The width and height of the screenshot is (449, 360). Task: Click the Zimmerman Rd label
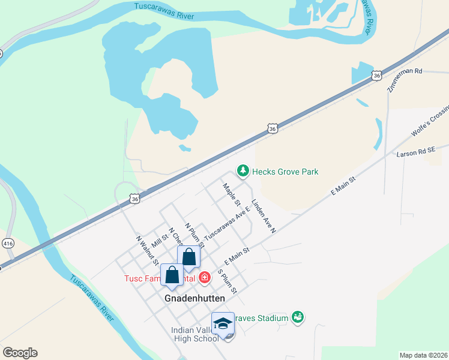pyautogui.click(x=405, y=79)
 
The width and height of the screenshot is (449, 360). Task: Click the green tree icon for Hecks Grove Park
pyautogui.click(x=243, y=172)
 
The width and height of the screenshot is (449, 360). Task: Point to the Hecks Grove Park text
pyautogui.click(x=285, y=172)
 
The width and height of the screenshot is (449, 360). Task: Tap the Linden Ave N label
pyautogui.click(x=264, y=216)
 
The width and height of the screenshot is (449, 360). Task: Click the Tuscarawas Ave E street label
pyautogui.click(x=227, y=224)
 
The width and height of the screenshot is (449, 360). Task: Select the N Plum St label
pyautogui.click(x=193, y=233)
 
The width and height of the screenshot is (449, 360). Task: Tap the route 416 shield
pyautogui.click(x=8, y=243)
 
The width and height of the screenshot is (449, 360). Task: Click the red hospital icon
pyautogui.click(x=205, y=277)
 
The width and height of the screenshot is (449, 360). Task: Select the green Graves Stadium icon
pyautogui.click(x=297, y=316)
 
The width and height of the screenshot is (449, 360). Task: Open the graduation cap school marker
pyautogui.click(x=223, y=323)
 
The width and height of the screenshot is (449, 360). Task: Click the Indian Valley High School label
pyautogui.click(x=195, y=334)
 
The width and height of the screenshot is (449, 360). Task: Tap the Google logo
pyautogui.click(x=20, y=353)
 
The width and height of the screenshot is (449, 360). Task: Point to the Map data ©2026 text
pyautogui.click(x=423, y=355)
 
